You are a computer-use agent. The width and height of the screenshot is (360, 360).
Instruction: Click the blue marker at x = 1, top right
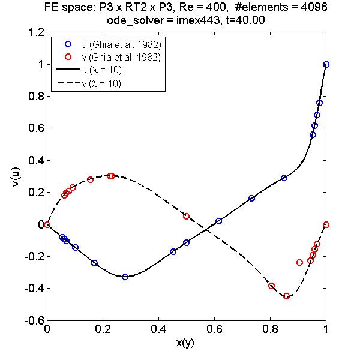pos(326,64)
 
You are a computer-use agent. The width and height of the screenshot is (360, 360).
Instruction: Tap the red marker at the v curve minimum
pos(286,296)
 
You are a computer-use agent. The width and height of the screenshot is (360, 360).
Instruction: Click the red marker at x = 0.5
pos(186,216)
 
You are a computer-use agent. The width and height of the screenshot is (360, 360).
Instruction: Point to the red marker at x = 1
pos(326,224)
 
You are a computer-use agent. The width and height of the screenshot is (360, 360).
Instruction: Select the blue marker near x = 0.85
pos(284,178)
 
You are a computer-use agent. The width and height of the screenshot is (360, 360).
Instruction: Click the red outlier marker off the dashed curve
pos(299,262)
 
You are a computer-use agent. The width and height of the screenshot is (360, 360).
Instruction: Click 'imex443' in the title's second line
pos(220,20)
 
